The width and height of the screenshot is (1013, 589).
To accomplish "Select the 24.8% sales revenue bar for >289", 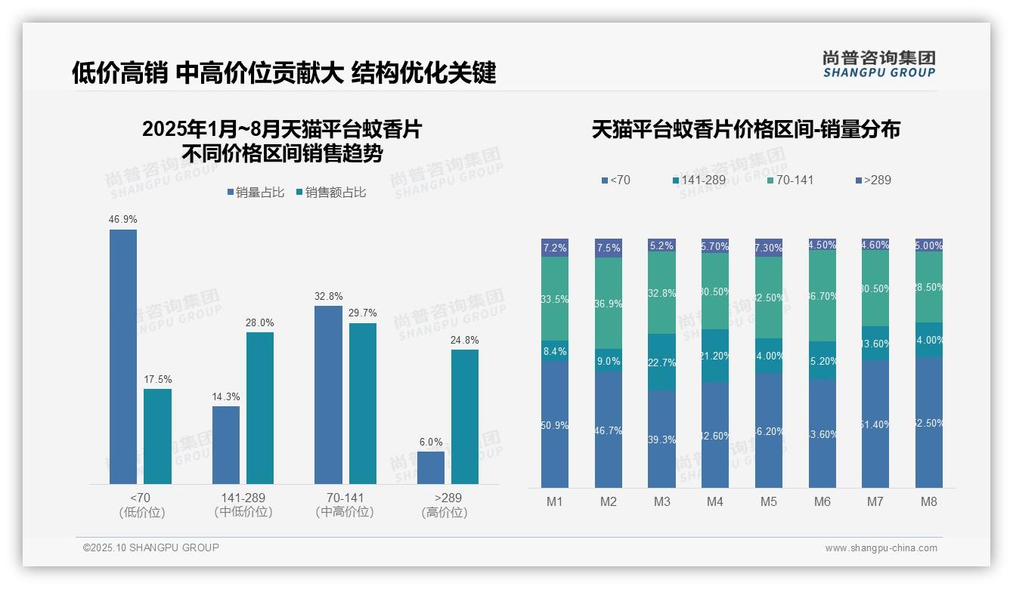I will click(x=465, y=416).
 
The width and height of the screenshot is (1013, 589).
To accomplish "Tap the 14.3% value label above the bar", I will click(x=225, y=396).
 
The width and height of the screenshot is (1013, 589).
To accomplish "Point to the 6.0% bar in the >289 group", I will click(x=431, y=467).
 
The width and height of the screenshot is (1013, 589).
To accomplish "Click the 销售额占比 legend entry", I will click(x=331, y=193).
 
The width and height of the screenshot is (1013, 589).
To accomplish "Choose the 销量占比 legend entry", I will click(x=256, y=193).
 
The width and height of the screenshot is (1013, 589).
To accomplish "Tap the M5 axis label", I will click(x=769, y=501).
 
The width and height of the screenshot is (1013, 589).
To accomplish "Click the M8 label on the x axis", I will click(x=929, y=501).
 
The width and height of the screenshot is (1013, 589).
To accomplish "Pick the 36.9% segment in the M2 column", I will click(x=609, y=304).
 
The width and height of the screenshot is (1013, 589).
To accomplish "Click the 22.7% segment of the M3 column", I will click(x=662, y=362).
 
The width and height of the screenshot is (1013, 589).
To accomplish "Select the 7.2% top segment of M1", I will click(x=555, y=248).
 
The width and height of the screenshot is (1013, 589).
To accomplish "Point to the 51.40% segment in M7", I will click(x=875, y=424).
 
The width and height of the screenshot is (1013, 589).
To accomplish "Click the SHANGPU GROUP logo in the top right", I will click(x=879, y=64).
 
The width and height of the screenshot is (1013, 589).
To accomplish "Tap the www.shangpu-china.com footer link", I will click(x=881, y=548).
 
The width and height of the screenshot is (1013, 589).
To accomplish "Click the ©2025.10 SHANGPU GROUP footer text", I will click(x=151, y=547).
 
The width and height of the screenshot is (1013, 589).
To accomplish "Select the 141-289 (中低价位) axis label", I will click(x=243, y=505).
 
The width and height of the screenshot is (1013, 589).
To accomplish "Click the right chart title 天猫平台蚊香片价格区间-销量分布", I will click(x=745, y=129).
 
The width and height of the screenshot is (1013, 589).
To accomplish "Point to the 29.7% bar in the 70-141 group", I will click(x=363, y=403).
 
